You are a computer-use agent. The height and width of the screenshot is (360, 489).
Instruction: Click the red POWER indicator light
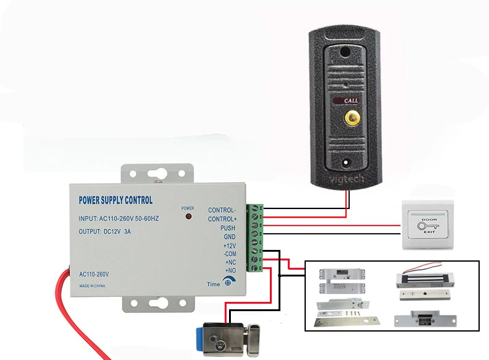[188, 218]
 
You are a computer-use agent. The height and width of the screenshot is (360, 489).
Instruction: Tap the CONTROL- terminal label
[222, 210]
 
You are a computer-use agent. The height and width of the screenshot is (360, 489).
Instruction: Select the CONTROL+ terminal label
[222, 219]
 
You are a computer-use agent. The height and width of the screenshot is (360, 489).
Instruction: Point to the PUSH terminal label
[228, 228]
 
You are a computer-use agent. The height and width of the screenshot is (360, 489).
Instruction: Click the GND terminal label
[229, 237]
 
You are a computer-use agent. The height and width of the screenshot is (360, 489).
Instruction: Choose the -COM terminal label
[229, 254]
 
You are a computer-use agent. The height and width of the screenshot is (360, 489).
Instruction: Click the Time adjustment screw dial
[229, 283]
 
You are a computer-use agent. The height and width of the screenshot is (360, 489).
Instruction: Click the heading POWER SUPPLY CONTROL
[116, 200]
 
